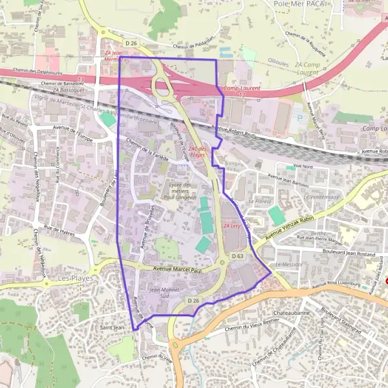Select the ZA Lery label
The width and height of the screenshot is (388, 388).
231,226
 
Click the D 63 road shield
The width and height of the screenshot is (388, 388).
237,257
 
